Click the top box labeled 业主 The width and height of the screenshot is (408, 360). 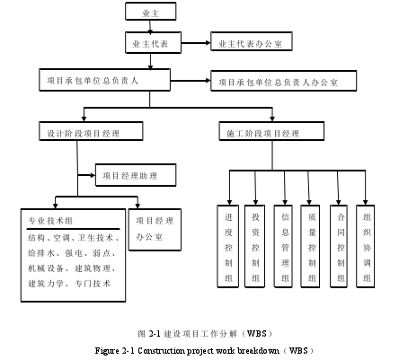(x=150, y=12)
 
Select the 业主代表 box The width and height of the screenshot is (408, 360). (x=153, y=43)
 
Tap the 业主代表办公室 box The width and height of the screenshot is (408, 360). (x=252, y=41)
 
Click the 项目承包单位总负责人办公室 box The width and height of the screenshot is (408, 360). (x=283, y=81)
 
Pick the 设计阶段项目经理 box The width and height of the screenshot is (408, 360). (x=91, y=131)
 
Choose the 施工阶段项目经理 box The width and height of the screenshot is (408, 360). (x=271, y=131)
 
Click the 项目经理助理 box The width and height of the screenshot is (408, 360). (x=136, y=175)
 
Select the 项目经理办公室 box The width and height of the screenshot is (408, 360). (x=155, y=230)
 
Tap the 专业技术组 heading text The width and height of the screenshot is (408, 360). (x=50, y=221)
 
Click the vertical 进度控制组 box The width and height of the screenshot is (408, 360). (x=228, y=246)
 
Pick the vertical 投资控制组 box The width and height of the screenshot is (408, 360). (x=254, y=246)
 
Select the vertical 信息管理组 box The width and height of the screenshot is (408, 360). (x=283, y=246)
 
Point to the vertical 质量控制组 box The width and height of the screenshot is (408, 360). (x=310, y=246)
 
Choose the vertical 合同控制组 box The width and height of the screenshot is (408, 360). (x=339, y=246)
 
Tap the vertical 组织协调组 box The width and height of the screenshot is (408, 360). (x=365, y=246)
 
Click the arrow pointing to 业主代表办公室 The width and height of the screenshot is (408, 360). (x=196, y=43)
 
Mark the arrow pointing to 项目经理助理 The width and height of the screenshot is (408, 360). (x=86, y=175)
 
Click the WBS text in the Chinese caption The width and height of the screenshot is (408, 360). (x=256, y=333)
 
